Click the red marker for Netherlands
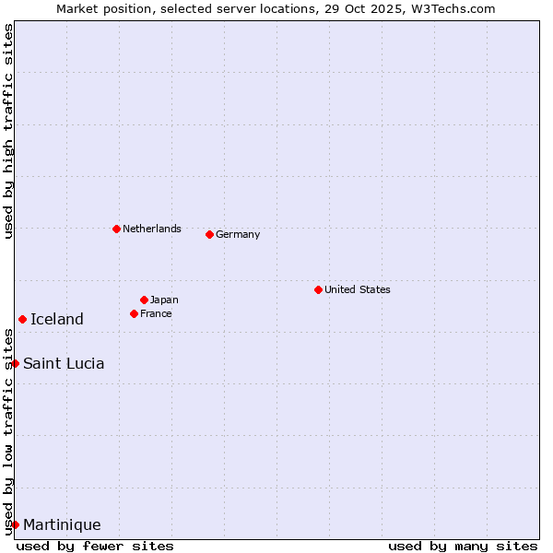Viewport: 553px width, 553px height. pyautogui.click(x=116, y=229)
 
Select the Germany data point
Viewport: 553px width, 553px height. pyautogui.click(x=209, y=234)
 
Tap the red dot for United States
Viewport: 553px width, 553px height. pyautogui.click(x=318, y=289)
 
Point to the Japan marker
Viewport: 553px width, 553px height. pyautogui.click(x=144, y=300)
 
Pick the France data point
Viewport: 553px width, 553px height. pyautogui.click(x=134, y=313)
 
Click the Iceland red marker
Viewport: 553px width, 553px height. pyautogui.click(x=22, y=319)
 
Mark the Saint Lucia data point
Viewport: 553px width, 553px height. pyautogui.click(x=15, y=363)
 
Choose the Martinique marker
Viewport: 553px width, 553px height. pyautogui.click(x=15, y=524)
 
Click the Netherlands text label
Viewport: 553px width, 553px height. pyautogui.click(x=152, y=229)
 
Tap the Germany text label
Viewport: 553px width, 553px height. pyautogui.click(x=238, y=234)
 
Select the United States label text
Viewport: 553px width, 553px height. pyautogui.click(x=358, y=289)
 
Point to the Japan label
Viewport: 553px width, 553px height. pyautogui.click(x=164, y=300)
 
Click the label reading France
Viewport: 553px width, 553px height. pyautogui.click(x=156, y=313)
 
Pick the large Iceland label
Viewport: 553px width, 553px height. pyautogui.click(x=57, y=319)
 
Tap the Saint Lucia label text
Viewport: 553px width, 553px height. pyautogui.click(x=64, y=363)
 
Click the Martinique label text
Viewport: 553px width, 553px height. pyautogui.click(x=62, y=524)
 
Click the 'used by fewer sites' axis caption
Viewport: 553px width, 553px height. pyautogui.click(x=95, y=546)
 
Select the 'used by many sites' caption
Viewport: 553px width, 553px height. pyautogui.click(x=463, y=546)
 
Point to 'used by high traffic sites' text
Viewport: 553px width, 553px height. pyautogui.click(x=8, y=131)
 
